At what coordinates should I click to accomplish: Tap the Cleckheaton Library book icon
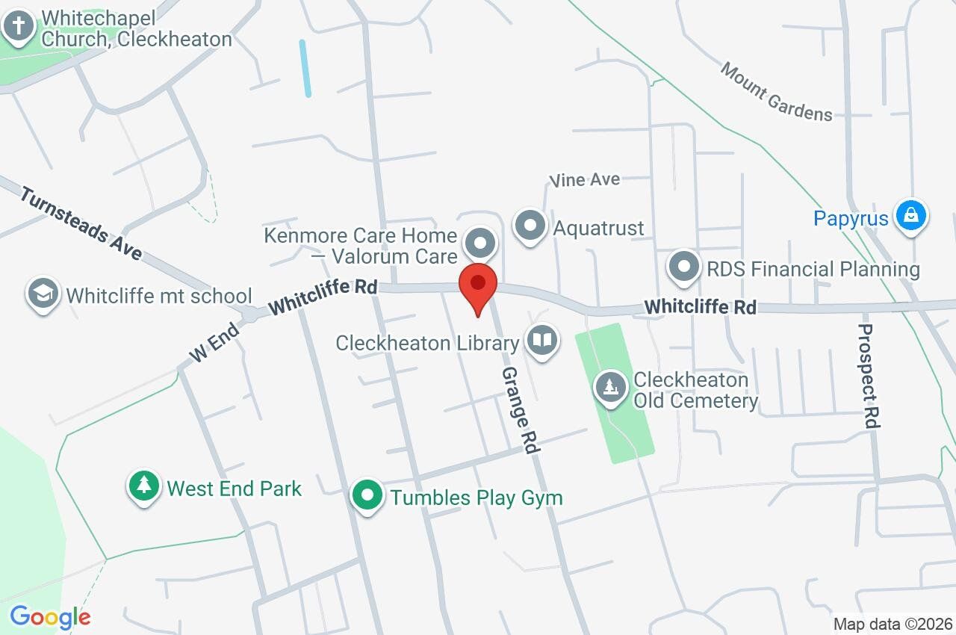pos(542,341)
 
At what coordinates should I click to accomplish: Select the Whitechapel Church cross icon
pos(19,28)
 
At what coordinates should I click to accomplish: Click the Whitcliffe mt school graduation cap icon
pos(43,294)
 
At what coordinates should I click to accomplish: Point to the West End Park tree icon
pos(144,487)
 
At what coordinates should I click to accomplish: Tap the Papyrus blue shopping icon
pos(910,217)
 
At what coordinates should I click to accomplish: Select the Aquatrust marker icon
pos(530,226)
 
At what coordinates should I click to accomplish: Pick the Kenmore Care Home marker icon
pos(480,244)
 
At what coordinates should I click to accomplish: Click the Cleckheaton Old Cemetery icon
pos(611,387)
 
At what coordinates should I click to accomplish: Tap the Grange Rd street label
pos(520,409)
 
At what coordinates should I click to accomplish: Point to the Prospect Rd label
pos(869,376)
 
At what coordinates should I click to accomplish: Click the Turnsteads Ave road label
pos(81,224)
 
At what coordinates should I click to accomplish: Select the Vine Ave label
pos(585,179)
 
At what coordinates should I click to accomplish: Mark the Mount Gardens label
pos(776,91)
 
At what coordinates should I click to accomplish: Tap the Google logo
pos(50,618)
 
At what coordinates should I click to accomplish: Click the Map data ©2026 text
pos(893,624)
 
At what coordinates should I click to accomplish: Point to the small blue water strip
pos(305,68)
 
